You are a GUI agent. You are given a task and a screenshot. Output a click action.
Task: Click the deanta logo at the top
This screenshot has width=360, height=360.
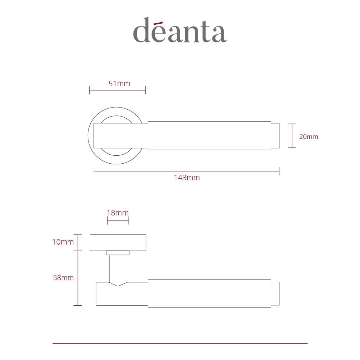180,30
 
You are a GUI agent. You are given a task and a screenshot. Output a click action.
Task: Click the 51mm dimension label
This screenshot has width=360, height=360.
119,84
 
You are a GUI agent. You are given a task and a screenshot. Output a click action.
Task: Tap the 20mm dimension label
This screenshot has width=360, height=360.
309,137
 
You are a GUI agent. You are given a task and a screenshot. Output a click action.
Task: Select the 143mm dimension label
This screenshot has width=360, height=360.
187,177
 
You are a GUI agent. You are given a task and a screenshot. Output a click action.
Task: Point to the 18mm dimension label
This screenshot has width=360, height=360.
118,213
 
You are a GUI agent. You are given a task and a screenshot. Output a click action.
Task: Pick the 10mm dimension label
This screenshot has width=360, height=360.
63,242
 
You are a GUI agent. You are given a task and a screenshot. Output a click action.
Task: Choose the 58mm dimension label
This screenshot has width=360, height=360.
63,278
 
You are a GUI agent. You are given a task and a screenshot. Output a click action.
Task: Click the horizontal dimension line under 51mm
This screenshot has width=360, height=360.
117,90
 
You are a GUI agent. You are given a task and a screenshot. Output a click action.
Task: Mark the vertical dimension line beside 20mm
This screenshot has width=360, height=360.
292,136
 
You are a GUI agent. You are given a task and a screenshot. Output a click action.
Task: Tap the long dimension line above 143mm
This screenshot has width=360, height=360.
187,171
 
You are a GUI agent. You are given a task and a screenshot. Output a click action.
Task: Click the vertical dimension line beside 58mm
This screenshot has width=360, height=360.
78,278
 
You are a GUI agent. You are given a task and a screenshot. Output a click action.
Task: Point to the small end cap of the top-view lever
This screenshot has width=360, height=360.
275,136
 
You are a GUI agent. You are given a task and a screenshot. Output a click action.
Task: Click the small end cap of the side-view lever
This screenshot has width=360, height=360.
275,293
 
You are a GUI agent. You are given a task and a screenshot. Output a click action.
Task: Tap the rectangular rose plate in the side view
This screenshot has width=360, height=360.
118,243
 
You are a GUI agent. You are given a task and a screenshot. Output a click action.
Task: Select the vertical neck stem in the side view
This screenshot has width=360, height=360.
118,268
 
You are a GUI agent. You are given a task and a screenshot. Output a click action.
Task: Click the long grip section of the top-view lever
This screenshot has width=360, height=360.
209,136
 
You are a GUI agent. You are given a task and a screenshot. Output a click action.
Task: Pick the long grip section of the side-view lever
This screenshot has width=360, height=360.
209,293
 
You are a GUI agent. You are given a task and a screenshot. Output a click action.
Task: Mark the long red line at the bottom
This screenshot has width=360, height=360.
180,343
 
